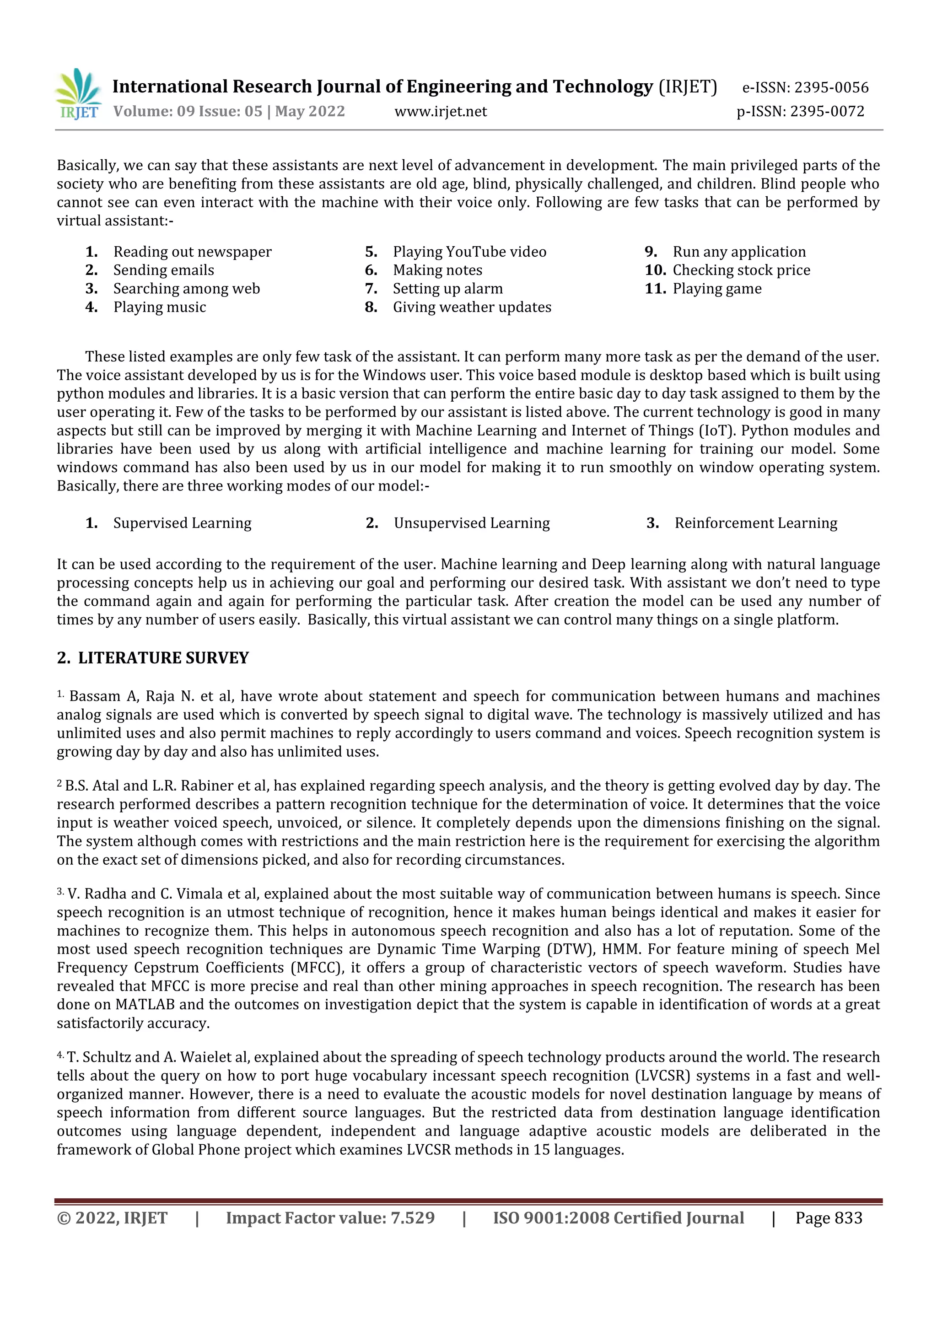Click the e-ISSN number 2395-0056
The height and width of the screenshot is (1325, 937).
point(831,88)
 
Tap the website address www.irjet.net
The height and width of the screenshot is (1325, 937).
point(440,111)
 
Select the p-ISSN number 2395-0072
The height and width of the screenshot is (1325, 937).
point(827,111)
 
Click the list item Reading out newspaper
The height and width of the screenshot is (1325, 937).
point(192,252)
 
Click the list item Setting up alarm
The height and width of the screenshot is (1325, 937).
point(448,289)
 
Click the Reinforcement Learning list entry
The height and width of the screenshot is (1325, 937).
point(755,523)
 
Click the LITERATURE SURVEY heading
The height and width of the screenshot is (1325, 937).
point(163,658)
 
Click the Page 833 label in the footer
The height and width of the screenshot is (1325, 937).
point(829,1218)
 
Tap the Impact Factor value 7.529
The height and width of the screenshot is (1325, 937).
point(413,1218)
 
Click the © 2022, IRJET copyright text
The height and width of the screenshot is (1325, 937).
point(112,1218)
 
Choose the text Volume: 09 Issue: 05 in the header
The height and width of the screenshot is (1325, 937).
point(188,111)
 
